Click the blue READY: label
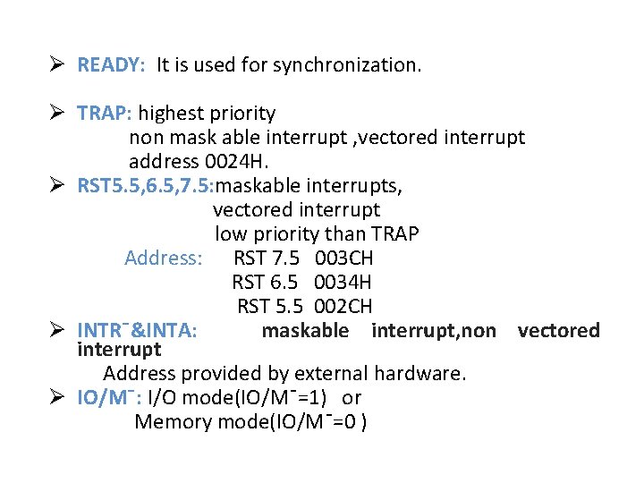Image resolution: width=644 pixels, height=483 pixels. coord(111,65)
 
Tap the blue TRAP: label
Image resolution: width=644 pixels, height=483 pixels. coord(105,114)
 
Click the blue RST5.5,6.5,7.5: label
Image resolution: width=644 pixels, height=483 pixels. coord(147,186)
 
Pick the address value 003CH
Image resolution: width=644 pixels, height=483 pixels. coord(344,258)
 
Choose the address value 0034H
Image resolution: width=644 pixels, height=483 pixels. coord(344,283)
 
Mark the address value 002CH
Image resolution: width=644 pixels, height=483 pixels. coord(343,307)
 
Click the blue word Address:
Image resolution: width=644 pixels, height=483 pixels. coord(164,258)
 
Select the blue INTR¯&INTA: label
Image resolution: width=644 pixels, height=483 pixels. coord(137,331)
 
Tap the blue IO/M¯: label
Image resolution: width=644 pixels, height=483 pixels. coord(110,397)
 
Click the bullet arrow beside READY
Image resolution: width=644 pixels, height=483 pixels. coord(56,65)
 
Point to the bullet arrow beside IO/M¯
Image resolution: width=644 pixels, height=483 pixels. coord(56,397)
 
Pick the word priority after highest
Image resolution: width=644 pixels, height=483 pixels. coord(241,114)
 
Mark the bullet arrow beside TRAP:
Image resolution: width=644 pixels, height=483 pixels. coord(56,114)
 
